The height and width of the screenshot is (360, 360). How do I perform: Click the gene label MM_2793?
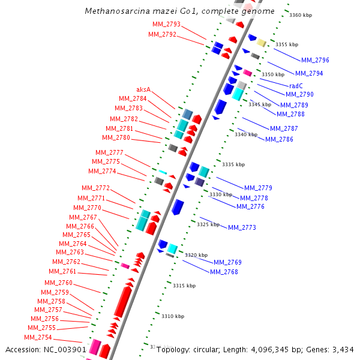166,24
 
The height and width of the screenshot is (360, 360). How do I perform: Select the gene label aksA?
143,90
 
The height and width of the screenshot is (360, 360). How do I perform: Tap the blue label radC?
296,86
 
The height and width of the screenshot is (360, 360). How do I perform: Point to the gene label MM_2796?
315,60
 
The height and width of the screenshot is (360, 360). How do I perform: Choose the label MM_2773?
242,227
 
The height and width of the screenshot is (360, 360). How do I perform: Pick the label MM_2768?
224,272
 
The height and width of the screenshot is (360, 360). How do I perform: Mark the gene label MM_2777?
109,152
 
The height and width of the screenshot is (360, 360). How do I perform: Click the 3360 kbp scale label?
300,15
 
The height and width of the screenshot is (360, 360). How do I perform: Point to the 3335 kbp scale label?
233,164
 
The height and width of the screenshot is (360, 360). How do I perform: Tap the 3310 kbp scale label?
173,316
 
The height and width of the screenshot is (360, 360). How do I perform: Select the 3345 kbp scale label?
260,104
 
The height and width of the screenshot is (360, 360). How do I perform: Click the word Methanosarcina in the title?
113,11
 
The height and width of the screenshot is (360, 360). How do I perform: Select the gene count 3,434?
341,350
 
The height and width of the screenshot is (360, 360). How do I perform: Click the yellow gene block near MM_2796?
261,43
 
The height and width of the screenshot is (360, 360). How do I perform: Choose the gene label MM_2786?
279,139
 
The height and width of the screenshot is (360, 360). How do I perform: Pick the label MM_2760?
58,283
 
